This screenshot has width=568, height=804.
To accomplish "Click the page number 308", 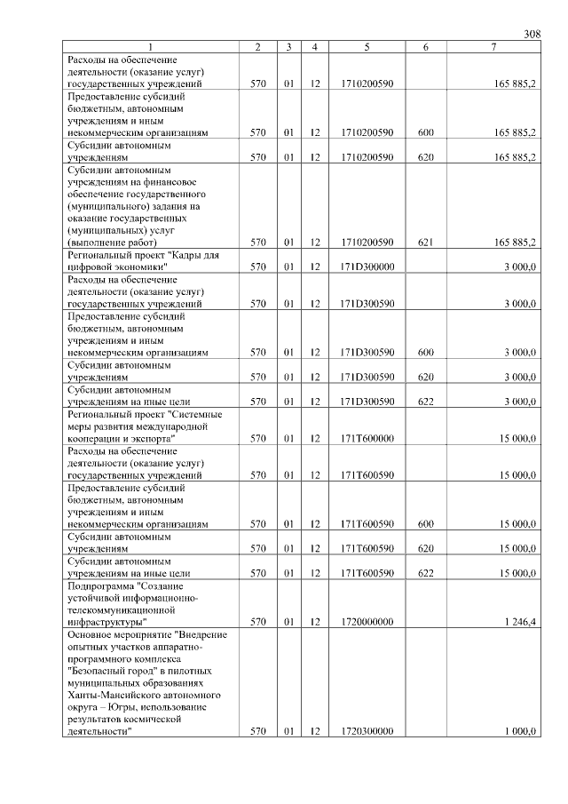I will coord(532,34).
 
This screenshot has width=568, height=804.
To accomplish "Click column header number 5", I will coord(367,46).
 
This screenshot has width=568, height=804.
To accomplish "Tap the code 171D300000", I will coord(367,266).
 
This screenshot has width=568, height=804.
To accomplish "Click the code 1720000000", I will coord(367,622).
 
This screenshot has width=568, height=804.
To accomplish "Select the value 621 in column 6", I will coord(425,242).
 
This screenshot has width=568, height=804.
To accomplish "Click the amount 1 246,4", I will coord(518,622).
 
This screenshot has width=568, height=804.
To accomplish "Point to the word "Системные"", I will coord(197,414).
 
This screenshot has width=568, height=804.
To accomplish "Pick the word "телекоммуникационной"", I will coord(121,610).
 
